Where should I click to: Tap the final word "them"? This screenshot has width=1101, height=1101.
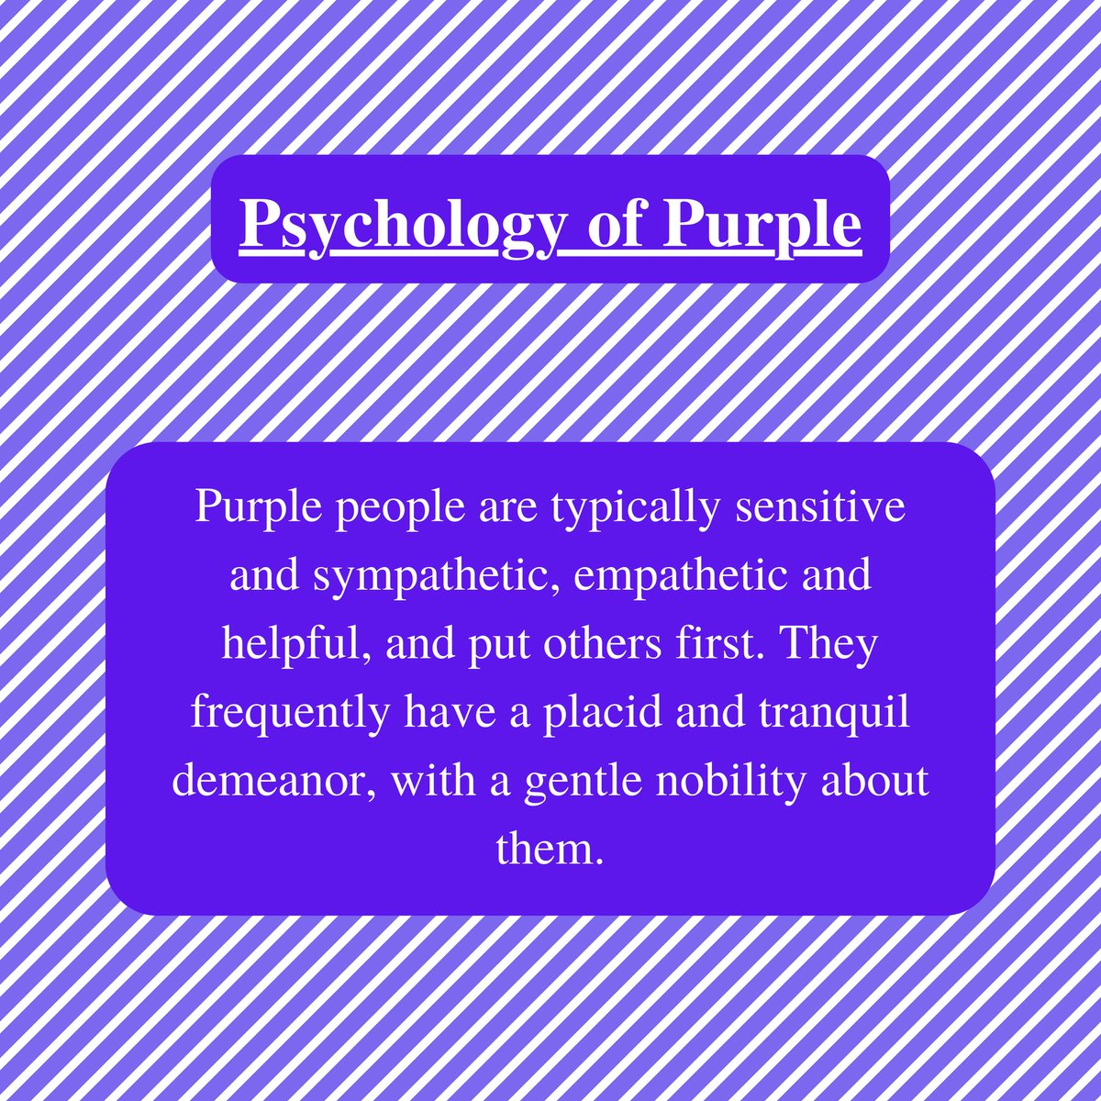[548, 850]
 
